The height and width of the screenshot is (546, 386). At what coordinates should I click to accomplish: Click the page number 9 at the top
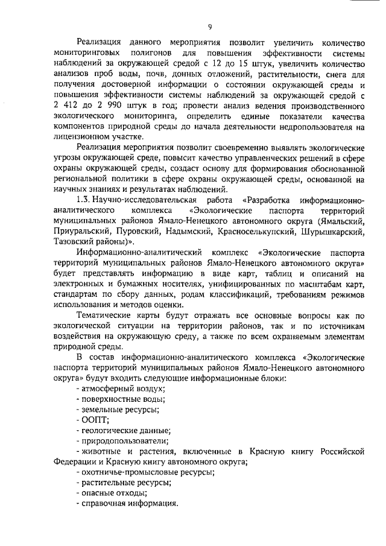(x=209, y=26)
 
